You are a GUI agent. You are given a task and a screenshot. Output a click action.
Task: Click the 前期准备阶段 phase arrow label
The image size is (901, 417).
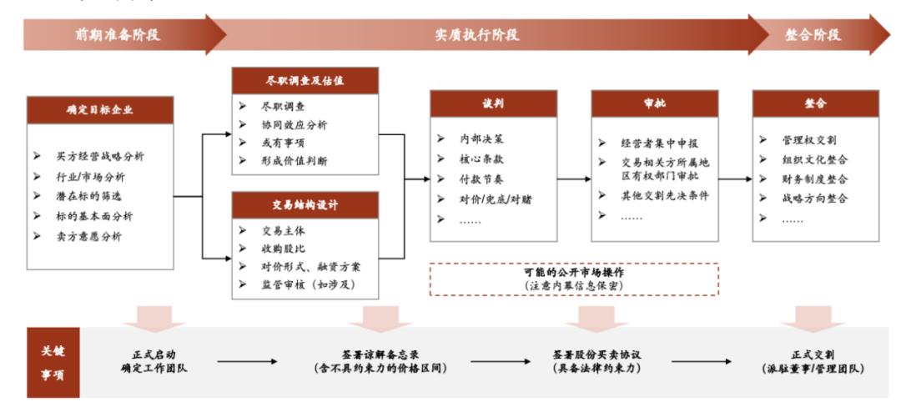[x=118, y=35]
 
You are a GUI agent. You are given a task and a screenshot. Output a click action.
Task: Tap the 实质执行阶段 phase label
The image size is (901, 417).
[x=477, y=35]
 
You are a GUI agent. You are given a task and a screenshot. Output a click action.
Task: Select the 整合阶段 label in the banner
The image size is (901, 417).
[x=813, y=35]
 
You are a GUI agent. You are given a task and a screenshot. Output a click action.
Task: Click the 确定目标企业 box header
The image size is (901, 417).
[x=100, y=110]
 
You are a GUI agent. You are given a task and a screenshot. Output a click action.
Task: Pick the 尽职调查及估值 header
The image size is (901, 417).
[x=305, y=81]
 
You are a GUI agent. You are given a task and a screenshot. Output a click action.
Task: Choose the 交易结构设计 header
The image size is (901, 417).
[x=305, y=205]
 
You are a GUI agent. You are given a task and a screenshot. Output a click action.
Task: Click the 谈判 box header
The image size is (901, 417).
[x=494, y=103]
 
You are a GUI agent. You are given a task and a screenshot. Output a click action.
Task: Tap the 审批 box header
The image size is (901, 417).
[x=655, y=103]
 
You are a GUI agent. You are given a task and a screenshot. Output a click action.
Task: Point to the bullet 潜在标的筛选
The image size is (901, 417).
[x=88, y=197]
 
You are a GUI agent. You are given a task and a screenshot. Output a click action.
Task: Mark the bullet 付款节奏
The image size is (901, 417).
[x=481, y=179]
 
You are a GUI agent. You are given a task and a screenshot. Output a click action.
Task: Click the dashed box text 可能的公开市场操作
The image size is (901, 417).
[x=573, y=272]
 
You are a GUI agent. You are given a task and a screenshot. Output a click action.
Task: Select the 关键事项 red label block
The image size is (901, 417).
[x=53, y=363]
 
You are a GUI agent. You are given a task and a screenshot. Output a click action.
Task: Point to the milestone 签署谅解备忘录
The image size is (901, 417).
[x=380, y=355]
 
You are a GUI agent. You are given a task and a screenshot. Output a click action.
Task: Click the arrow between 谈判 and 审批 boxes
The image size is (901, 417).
[x=574, y=179]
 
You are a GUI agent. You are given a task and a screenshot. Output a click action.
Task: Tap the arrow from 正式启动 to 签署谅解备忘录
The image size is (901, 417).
[x=248, y=362]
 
